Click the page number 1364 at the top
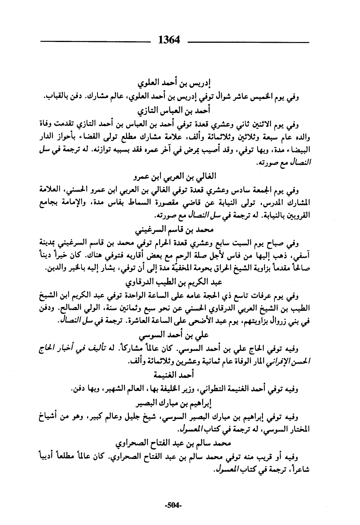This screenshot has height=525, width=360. pyautogui.click(x=169, y=40)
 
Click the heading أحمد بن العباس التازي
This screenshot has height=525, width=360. pyautogui.click(x=175, y=111)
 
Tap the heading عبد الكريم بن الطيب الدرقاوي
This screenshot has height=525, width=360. pyautogui.click(x=175, y=283)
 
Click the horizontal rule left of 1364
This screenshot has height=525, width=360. pyautogui.click(x=96, y=40)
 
